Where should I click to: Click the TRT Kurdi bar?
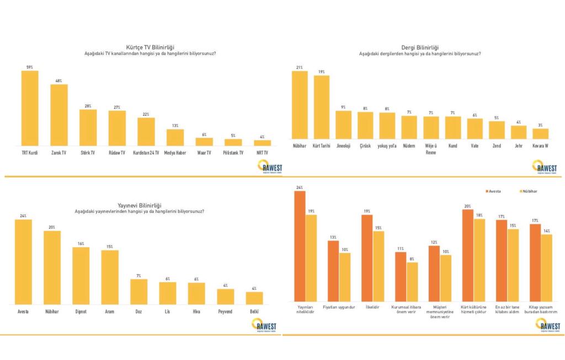(x=30, y=108)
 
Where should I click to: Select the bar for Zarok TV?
(x=59, y=115)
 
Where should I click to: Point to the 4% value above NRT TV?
(x=262, y=137)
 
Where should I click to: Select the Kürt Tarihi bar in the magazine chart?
(x=322, y=107)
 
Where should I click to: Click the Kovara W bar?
(x=540, y=133)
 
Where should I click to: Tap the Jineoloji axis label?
(x=343, y=146)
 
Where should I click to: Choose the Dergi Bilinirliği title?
(x=420, y=48)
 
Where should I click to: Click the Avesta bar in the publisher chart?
(x=23, y=262)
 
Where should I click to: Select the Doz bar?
(x=138, y=292)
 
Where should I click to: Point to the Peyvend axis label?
(x=225, y=313)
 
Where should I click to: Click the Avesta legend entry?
(x=493, y=191)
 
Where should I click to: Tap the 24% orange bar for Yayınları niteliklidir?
(x=300, y=246)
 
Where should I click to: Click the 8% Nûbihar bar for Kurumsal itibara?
(x=413, y=282)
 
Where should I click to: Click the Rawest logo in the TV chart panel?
(x=268, y=166)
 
